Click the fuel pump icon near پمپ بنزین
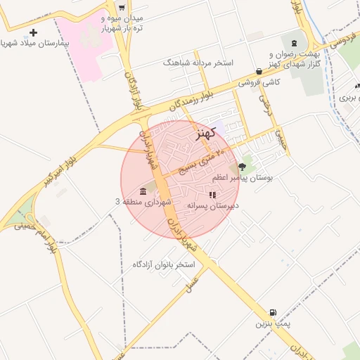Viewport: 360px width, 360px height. click(272, 312)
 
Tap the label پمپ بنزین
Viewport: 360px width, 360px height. click(272, 324)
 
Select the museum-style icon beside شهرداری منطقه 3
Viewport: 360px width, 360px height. click(143, 192)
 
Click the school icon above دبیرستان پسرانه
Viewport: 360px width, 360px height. click(212, 195)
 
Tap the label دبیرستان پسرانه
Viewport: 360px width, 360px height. click(212, 205)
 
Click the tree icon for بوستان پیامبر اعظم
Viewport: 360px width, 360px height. click(243, 167)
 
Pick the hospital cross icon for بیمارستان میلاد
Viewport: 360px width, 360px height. click(33, 32)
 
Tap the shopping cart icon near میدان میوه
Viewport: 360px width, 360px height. click(122, 8)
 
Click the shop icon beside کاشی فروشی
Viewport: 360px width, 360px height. click(259, 71)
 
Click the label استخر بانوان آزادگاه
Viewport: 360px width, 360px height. click(163, 264)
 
